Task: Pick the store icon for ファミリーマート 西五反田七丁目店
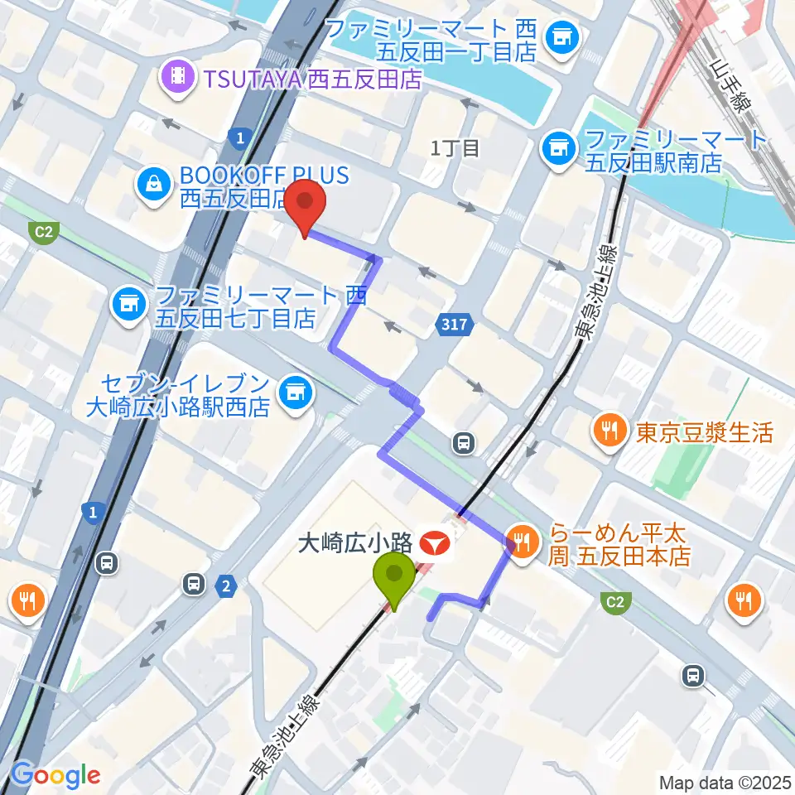pos(129,305)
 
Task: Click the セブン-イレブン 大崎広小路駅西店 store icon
pos(293,391)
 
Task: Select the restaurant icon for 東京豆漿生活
pos(609,430)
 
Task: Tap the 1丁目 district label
pos(455,148)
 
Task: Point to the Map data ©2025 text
pos(725,781)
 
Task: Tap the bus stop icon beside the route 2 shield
pos(194,585)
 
